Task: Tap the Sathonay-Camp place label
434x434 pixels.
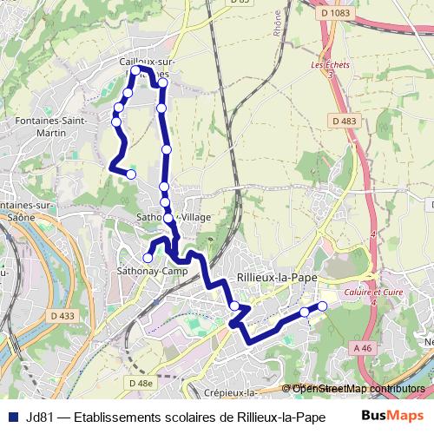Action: pyautogui.click(x=146, y=271)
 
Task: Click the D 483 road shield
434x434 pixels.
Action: pyautogui.click(x=344, y=121)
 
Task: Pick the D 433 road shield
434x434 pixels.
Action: pyautogui.click(x=62, y=316)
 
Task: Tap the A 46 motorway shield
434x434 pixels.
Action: pyautogui.click(x=363, y=346)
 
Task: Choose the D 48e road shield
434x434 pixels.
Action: pyautogui.click(x=140, y=382)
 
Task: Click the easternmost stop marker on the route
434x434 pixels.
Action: pyautogui.click(x=322, y=306)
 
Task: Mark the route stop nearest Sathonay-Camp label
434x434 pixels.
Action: pyautogui.click(x=148, y=258)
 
